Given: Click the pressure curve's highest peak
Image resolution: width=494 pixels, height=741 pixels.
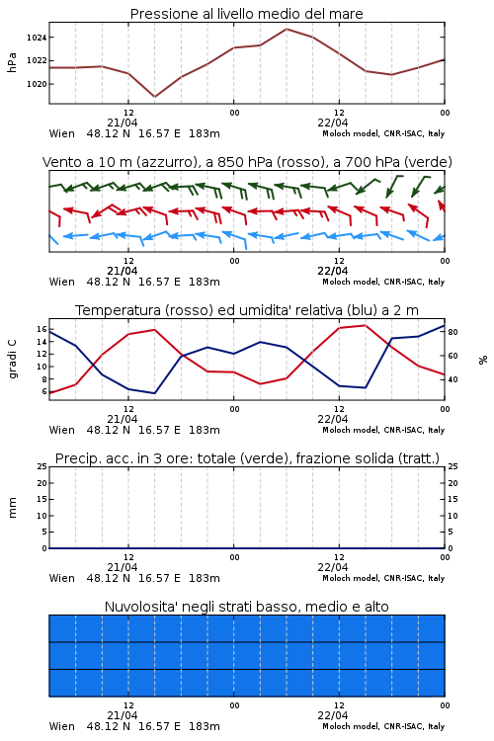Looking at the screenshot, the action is point(287,29).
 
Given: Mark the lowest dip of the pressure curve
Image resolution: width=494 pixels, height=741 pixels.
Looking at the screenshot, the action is point(154,97).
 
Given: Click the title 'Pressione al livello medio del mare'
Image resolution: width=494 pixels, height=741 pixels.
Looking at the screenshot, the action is point(247,14).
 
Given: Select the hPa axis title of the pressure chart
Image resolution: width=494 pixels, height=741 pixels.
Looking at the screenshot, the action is point(12,62).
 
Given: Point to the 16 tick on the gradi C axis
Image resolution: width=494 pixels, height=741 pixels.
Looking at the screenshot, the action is point(41,329).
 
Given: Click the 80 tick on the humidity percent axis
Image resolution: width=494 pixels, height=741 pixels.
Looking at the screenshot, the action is point(453,332).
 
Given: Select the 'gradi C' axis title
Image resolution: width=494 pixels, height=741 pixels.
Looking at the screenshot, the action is point(13,359).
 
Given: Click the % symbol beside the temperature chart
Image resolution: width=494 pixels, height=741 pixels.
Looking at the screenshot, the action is point(483,360).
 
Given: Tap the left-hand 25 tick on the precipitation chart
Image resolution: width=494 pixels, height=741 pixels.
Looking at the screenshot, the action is point(42,466).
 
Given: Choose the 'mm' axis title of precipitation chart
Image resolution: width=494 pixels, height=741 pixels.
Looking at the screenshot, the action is point(12,508).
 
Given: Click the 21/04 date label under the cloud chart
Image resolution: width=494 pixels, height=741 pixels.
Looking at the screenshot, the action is point(123,715).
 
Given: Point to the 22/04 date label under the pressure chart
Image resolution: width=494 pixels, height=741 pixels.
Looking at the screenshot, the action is point(333,123).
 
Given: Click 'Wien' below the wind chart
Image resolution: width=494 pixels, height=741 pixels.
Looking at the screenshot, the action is point(62,282).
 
